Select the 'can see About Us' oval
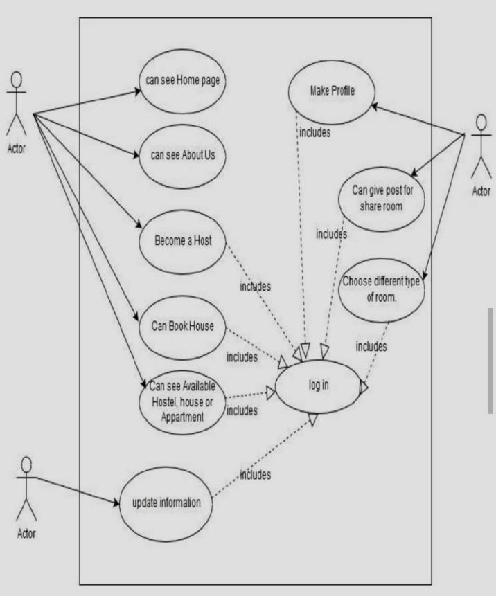coord(183,155)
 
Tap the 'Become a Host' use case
coord(183,242)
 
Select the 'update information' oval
coord(167,503)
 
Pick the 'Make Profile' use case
coord(332,91)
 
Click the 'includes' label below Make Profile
coord(315,132)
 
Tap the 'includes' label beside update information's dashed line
coord(255,474)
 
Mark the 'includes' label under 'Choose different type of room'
coord(371,346)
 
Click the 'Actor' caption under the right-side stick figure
coord(481,191)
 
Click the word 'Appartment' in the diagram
coord(183,417)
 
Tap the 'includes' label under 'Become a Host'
coord(255,286)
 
